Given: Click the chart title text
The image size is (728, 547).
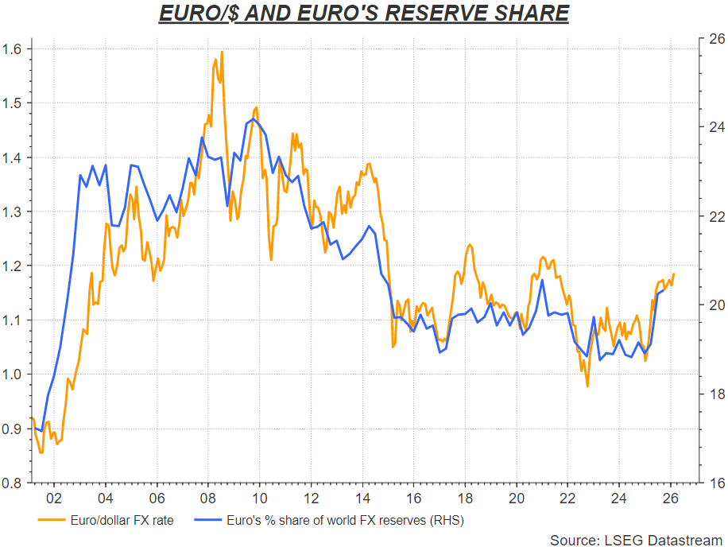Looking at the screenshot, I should [364, 14].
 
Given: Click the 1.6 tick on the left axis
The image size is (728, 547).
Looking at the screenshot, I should [14, 49].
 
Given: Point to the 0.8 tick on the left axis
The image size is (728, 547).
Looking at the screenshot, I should [14, 483].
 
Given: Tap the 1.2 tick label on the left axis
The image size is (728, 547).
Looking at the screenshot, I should [14, 266].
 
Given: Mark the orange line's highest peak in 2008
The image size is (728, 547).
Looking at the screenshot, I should [221, 52].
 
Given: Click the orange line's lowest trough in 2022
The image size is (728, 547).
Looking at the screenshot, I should [587, 386].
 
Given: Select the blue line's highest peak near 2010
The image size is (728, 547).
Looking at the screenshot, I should [253, 119].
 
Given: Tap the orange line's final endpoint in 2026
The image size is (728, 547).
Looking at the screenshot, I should [674, 274].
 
